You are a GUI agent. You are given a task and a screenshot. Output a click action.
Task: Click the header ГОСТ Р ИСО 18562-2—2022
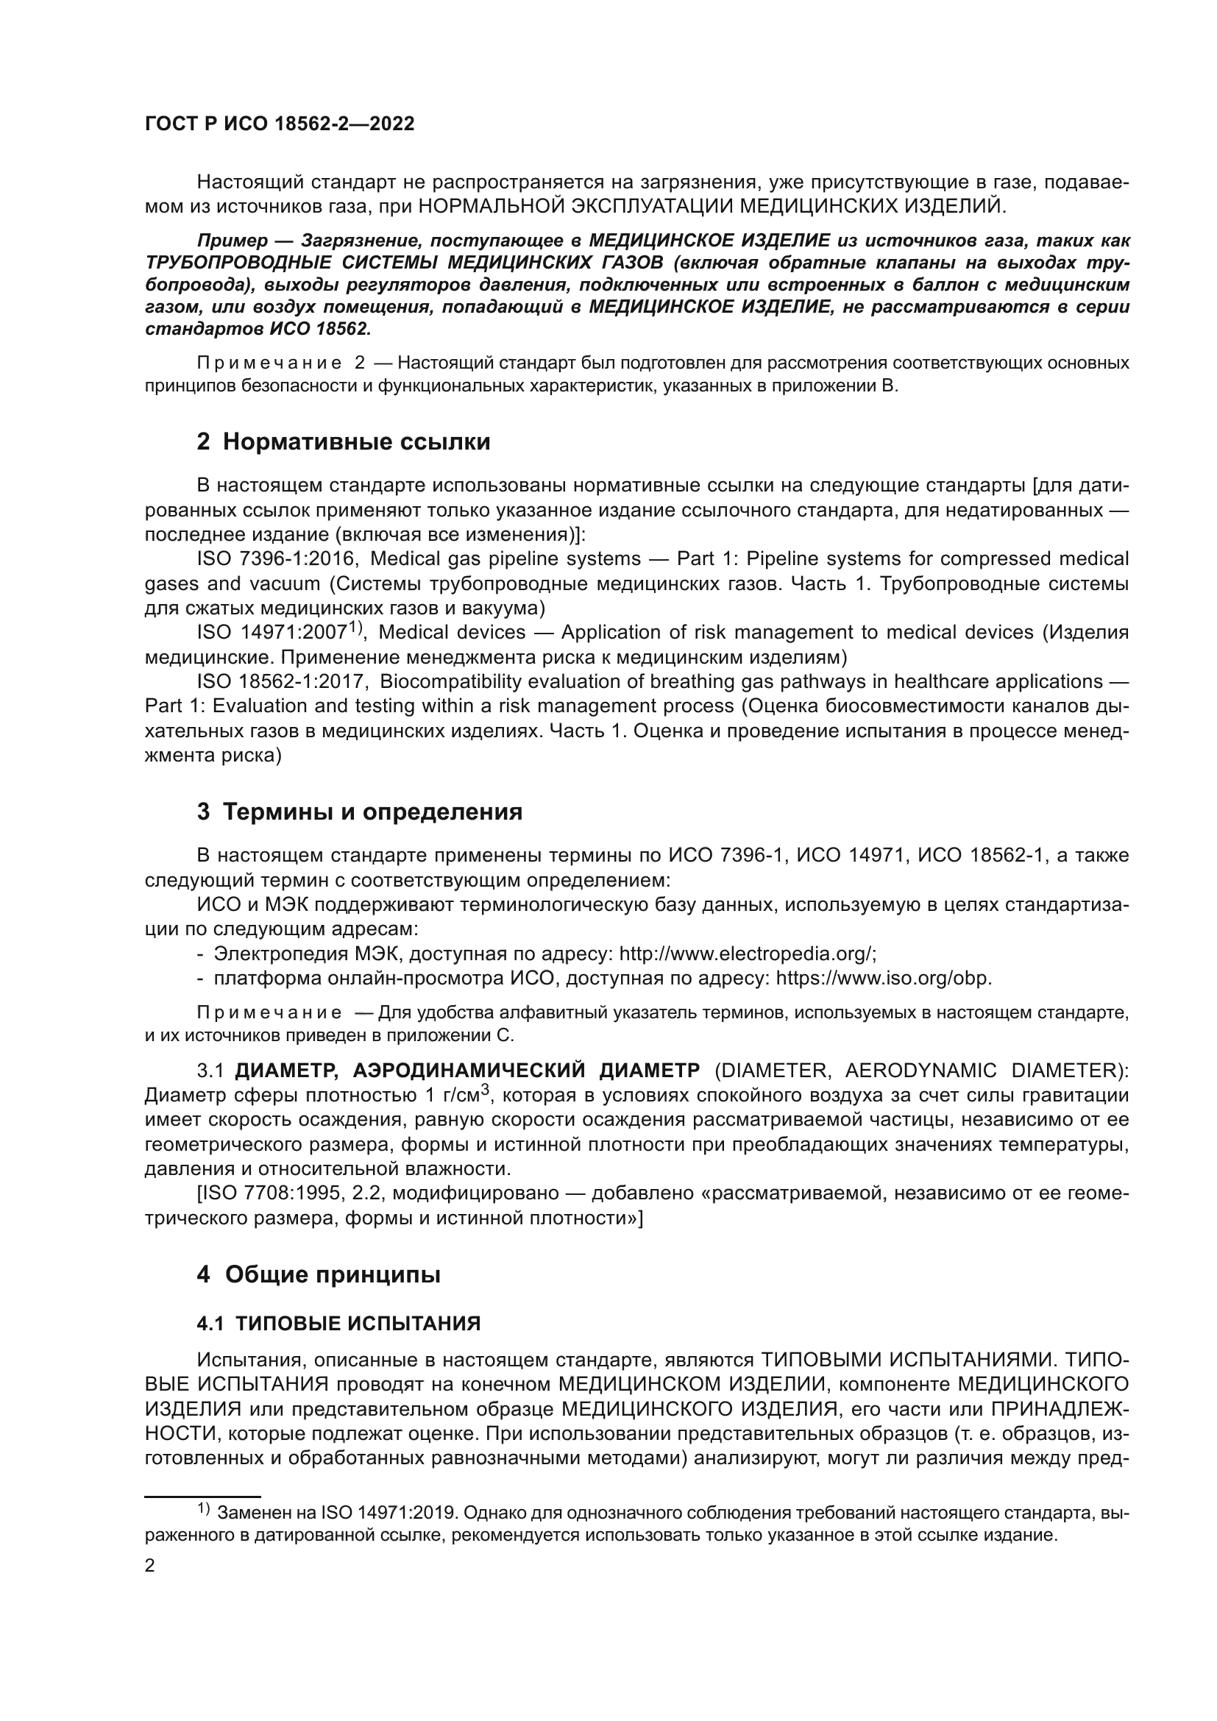(x=279, y=124)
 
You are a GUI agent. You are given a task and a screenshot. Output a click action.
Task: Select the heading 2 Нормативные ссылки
(x=343, y=442)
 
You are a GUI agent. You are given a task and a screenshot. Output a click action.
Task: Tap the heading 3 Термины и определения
(x=359, y=812)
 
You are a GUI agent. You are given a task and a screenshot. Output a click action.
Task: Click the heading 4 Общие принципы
(x=319, y=1274)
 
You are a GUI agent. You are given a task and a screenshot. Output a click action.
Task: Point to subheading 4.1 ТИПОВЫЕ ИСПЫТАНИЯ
(x=338, y=1324)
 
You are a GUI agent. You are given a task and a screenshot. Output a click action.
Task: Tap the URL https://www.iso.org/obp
(x=884, y=979)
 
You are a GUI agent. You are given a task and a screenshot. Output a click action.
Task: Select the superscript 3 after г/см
(x=486, y=1090)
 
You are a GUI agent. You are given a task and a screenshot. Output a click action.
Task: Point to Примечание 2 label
(x=281, y=363)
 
